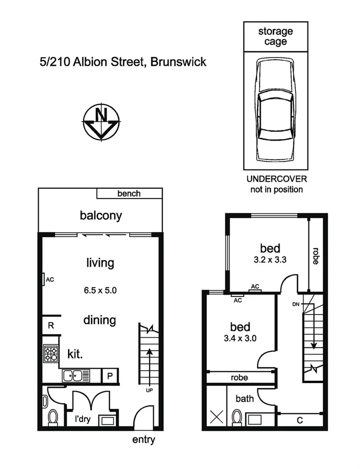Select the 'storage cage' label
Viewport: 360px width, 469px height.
(x=275, y=36)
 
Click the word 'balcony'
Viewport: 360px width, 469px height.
(x=101, y=215)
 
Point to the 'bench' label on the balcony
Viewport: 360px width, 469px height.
(x=129, y=194)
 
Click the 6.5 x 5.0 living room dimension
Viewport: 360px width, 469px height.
(x=100, y=291)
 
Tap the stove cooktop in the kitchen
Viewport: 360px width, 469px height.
(x=50, y=353)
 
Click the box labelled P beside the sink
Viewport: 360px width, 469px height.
(x=109, y=376)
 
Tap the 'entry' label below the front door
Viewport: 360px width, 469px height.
(x=143, y=440)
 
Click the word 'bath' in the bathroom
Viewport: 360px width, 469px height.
(x=244, y=398)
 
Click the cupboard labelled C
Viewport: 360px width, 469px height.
(x=299, y=420)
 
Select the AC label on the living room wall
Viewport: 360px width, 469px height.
(x=49, y=280)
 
